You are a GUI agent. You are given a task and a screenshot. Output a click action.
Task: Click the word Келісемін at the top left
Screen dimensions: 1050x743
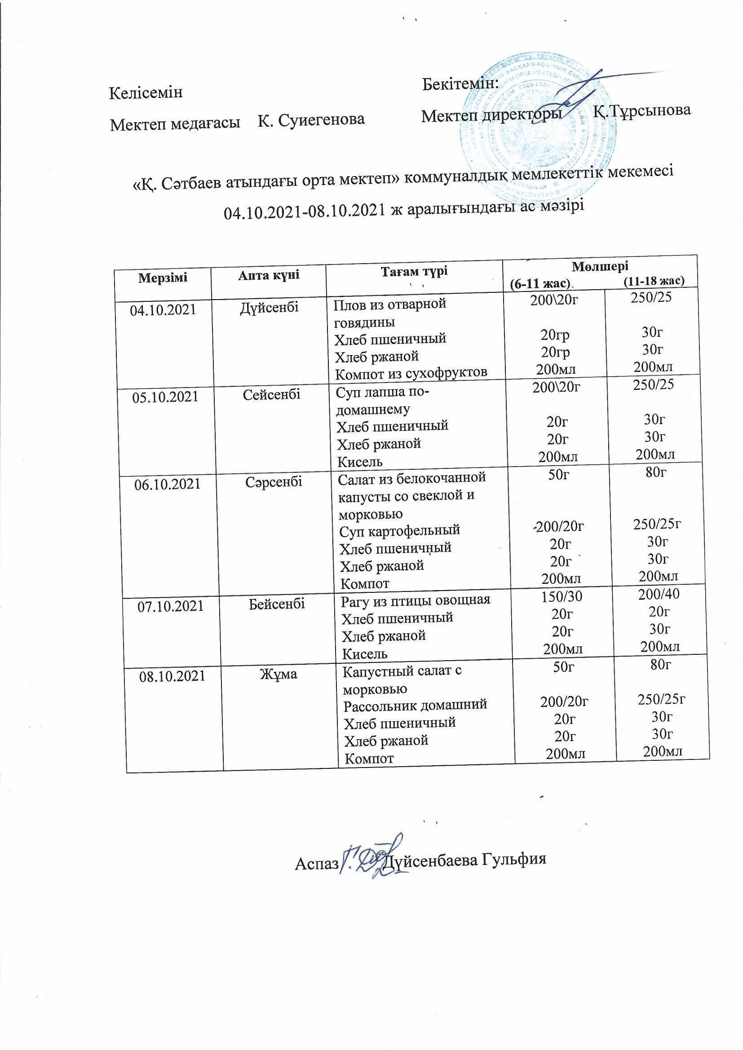tap(146, 93)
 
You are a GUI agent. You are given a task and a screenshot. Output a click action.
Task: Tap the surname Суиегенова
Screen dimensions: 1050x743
tap(311, 119)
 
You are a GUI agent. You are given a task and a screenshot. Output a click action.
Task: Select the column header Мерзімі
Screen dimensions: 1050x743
tap(163, 277)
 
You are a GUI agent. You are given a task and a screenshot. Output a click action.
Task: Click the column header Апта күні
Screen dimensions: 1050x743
tap(269, 275)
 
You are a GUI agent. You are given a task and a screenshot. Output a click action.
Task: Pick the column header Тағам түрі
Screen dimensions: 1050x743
tap(414, 271)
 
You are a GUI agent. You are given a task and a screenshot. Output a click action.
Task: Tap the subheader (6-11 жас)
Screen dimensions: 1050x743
tap(540, 283)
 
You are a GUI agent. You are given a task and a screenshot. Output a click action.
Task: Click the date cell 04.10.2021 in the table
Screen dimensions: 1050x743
tap(163, 310)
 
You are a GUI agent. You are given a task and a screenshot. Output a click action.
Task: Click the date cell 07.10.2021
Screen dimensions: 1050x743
tap(171, 606)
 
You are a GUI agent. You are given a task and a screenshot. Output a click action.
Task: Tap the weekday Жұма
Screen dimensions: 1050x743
tap(278, 674)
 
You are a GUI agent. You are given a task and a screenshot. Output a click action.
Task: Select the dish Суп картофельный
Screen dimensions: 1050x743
tap(399, 530)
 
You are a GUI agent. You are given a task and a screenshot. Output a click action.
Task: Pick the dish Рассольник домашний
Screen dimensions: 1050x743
tap(415, 704)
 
